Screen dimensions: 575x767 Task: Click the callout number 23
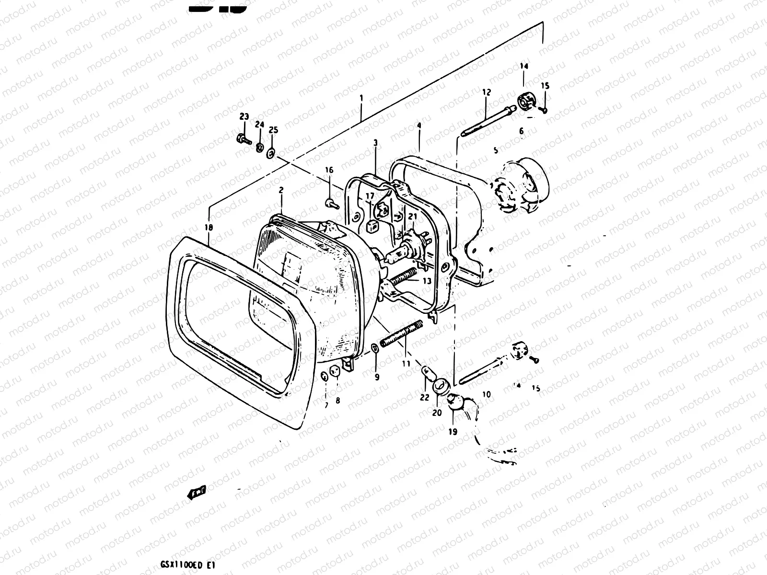point(244,116)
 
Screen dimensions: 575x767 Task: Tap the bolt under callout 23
point(243,139)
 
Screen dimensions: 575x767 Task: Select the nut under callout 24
point(259,147)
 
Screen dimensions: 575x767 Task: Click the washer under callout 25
point(271,153)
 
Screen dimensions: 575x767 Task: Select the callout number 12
point(487,92)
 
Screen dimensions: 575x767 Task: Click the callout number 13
point(427,281)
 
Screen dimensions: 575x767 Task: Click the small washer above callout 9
point(374,347)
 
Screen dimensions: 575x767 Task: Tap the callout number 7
point(326,405)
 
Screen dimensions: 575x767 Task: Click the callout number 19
point(453,431)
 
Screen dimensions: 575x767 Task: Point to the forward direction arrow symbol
point(197,492)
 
